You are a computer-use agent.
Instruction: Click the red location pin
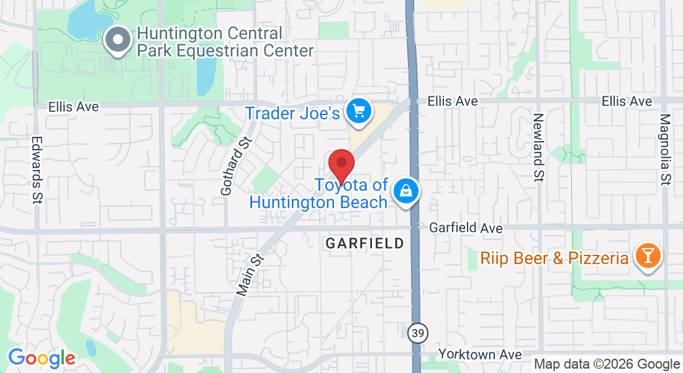tap(341, 165)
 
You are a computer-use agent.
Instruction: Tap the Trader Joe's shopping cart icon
tap(358, 111)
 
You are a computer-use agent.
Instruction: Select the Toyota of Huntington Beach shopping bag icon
tap(405, 191)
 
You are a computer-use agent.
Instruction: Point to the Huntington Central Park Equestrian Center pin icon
tap(117, 41)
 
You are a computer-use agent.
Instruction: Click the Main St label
tap(250, 273)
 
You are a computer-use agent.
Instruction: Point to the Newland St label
tap(538, 148)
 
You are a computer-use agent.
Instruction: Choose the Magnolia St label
tap(665, 149)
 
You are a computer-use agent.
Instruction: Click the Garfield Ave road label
tap(466, 228)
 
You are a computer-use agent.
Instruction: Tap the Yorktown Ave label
tap(479, 354)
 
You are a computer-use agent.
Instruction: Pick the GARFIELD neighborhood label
tap(364, 243)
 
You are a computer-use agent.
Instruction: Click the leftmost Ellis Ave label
tap(74, 107)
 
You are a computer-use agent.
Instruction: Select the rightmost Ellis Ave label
tap(627, 101)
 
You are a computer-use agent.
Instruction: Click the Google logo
tap(42, 358)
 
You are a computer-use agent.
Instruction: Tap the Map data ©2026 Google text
tap(607, 364)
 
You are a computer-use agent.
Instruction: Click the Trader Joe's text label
tap(292, 113)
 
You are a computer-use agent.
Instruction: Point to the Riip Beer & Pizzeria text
tap(554, 257)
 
